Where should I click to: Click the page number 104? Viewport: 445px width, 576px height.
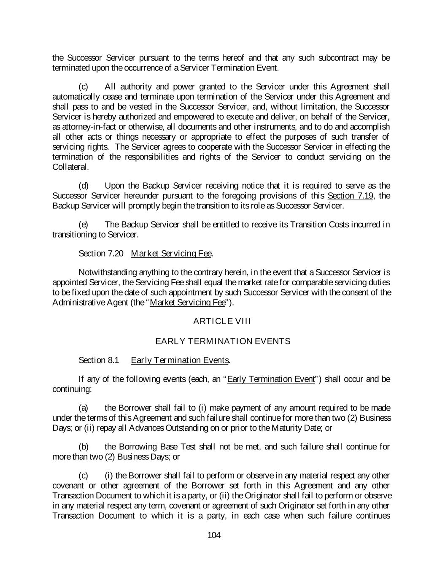point(214,535)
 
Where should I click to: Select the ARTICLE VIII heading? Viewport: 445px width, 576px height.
point(222,321)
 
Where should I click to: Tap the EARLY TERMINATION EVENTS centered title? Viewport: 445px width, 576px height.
point(223,341)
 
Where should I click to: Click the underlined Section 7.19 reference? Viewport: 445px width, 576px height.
point(350,196)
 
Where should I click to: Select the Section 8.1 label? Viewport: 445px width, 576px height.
point(99,360)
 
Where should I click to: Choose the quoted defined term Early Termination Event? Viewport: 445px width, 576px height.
point(271,379)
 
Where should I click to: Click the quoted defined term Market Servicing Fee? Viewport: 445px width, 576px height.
point(187,303)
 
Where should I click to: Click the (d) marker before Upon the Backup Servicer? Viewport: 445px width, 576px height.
point(84,186)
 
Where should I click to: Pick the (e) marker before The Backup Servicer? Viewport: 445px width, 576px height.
point(84,224)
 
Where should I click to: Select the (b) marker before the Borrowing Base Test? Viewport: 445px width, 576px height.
point(84,446)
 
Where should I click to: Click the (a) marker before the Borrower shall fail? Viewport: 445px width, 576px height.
point(84,408)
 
